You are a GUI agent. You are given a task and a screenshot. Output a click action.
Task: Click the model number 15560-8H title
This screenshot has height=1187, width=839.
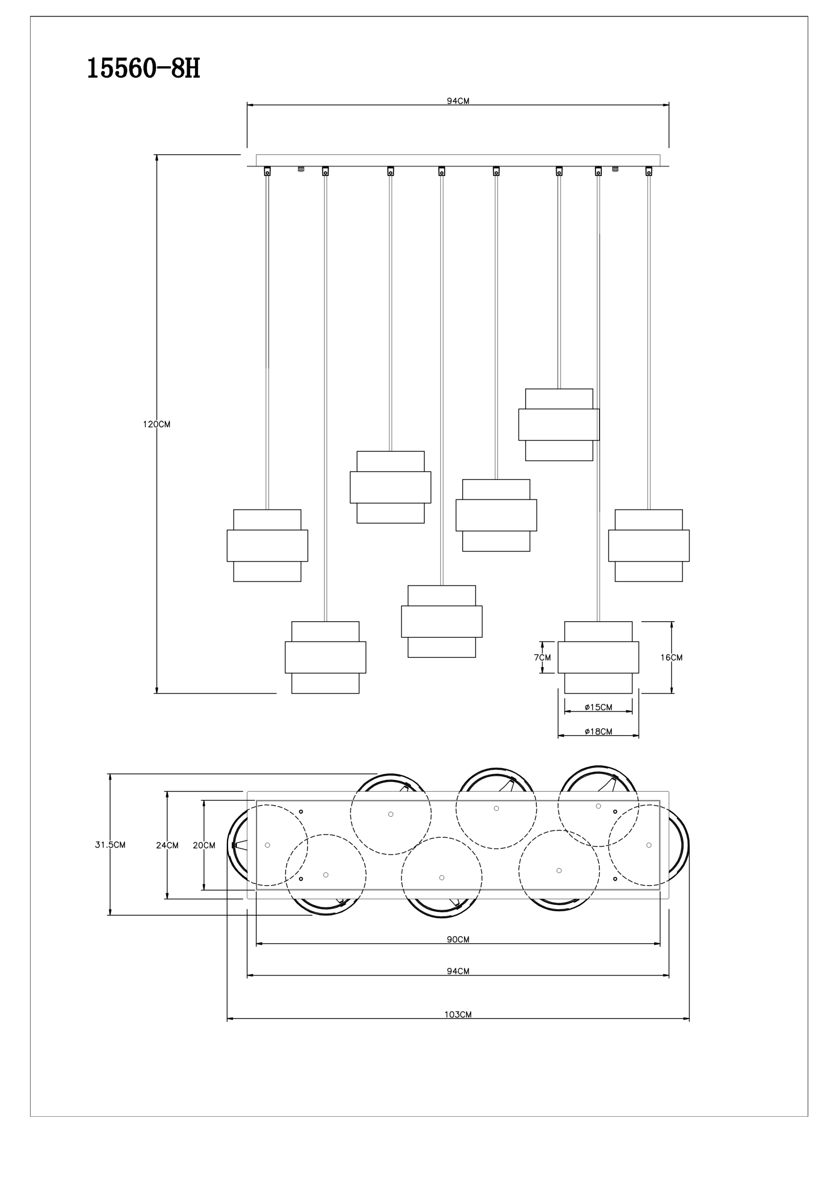click(x=143, y=69)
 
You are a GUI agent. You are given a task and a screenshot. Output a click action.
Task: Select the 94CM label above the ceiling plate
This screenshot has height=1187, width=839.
click(x=458, y=101)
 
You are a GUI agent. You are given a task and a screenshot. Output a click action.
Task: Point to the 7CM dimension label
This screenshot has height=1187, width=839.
click(x=542, y=658)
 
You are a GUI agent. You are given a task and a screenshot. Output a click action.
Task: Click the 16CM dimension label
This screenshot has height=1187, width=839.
click(x=671, y=658)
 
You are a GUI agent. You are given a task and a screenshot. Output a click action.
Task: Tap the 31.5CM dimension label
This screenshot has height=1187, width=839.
click(x=110, y=845)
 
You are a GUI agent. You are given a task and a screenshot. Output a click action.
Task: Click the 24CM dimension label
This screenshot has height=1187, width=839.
click(x=167, y=845)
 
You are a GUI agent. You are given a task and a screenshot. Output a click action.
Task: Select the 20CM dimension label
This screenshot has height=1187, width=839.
click(x=204, y=845)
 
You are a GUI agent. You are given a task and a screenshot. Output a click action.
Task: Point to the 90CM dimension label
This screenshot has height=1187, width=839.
click(x=458, y=939)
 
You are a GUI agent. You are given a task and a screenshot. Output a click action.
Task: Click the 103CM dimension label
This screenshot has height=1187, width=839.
click(x=458, y=1014)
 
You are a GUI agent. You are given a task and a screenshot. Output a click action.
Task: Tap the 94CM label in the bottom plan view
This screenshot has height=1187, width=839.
click(x=458, y=971)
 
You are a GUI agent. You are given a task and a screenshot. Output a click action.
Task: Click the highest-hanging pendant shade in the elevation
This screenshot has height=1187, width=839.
click(x=558, y=425)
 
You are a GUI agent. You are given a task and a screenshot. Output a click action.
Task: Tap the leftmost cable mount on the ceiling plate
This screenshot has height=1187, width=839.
click(x=267, y=171)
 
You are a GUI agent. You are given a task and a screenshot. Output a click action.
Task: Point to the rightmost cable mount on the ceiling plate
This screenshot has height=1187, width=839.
click(x=648, y=171)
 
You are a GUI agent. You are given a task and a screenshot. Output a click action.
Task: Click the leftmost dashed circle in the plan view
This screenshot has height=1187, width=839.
click(x=267, y=845)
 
